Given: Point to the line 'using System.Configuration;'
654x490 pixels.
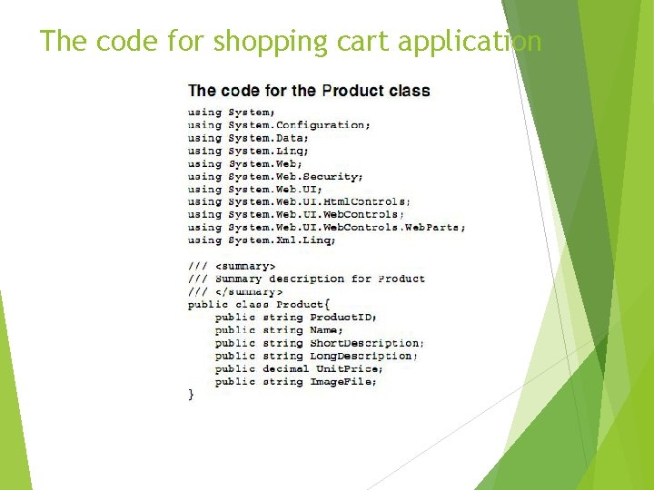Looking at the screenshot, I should tap(279, 125).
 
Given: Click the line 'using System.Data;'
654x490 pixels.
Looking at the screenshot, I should tap(248, 138).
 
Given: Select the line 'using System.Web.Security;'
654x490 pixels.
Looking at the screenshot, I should tap(275, 176).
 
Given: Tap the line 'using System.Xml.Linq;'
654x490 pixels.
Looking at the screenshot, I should tap(262, 240).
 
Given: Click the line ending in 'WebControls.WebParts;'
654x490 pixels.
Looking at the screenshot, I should tap(327, 228).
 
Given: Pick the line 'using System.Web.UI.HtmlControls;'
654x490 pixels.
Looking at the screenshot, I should tap(299, 201).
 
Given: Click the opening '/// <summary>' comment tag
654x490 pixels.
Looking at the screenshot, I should tap(232, 266).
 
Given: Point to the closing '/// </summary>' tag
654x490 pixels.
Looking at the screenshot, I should tap(235, 291).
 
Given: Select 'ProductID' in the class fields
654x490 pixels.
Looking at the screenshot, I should tap(342, 318).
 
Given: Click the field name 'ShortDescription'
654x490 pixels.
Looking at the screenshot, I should tap(365, 343).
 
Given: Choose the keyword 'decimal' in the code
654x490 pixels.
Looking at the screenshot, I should tap(285, 369).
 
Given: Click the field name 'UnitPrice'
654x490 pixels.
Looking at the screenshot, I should tap(342, 369).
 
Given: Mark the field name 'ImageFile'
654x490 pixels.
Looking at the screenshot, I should tap(342, 382).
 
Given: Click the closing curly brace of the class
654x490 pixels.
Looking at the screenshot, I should tap(191, 395).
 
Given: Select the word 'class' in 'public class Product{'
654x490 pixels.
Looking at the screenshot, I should tap(252, 305).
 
